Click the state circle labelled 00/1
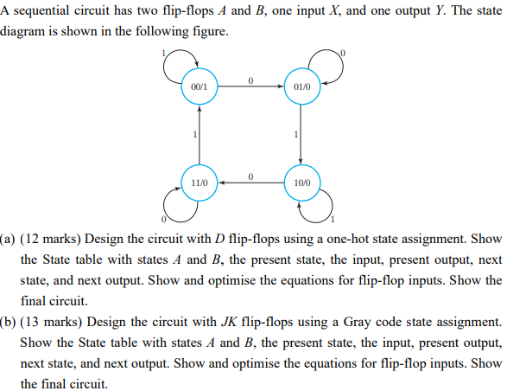(x=200, y=87)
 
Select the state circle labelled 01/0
(x=301, y=87)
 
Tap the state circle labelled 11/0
(x=200, y=183)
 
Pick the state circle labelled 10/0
(x=301, y=183)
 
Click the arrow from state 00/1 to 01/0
(x=250, y=87)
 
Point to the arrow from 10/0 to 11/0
(x=250, y=183)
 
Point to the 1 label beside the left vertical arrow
(x=194, y=135)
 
